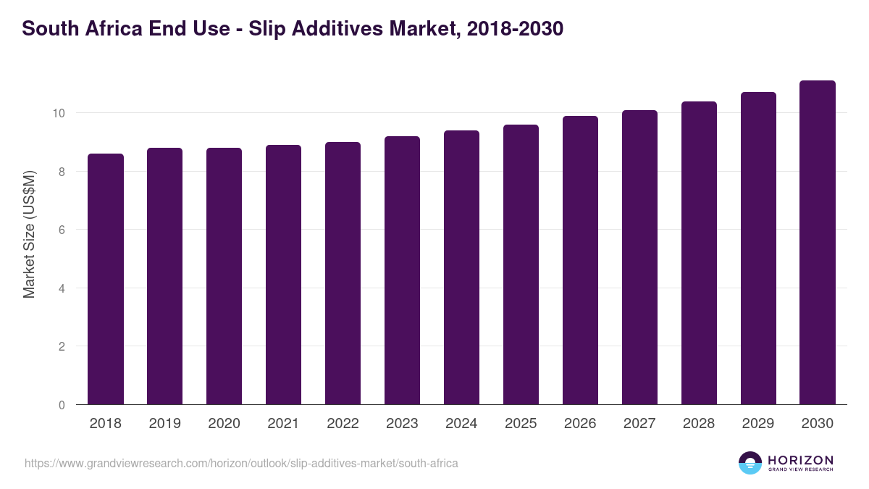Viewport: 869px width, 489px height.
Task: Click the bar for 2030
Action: point(818,243)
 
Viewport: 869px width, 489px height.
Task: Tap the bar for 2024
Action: point(461,267)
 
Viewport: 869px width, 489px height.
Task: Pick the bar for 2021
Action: point(283,275)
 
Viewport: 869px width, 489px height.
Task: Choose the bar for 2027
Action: point(639,257)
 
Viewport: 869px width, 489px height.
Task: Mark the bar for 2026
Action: point(580,260)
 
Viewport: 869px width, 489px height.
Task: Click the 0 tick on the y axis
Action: point(62,405)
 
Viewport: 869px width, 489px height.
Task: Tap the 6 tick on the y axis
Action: point(62,230)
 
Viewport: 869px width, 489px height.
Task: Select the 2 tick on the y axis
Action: point(62,346)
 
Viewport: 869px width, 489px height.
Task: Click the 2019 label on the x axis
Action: point(164,424)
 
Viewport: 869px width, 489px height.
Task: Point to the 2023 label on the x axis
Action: point(402,424)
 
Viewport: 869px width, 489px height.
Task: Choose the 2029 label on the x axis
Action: point(758,424)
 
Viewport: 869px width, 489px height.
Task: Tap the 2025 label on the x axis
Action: point(521,424)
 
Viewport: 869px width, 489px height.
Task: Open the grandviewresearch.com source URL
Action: point(241,463)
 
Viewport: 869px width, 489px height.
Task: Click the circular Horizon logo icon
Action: point(750,463)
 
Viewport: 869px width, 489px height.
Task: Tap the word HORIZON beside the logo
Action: point(800,459)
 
